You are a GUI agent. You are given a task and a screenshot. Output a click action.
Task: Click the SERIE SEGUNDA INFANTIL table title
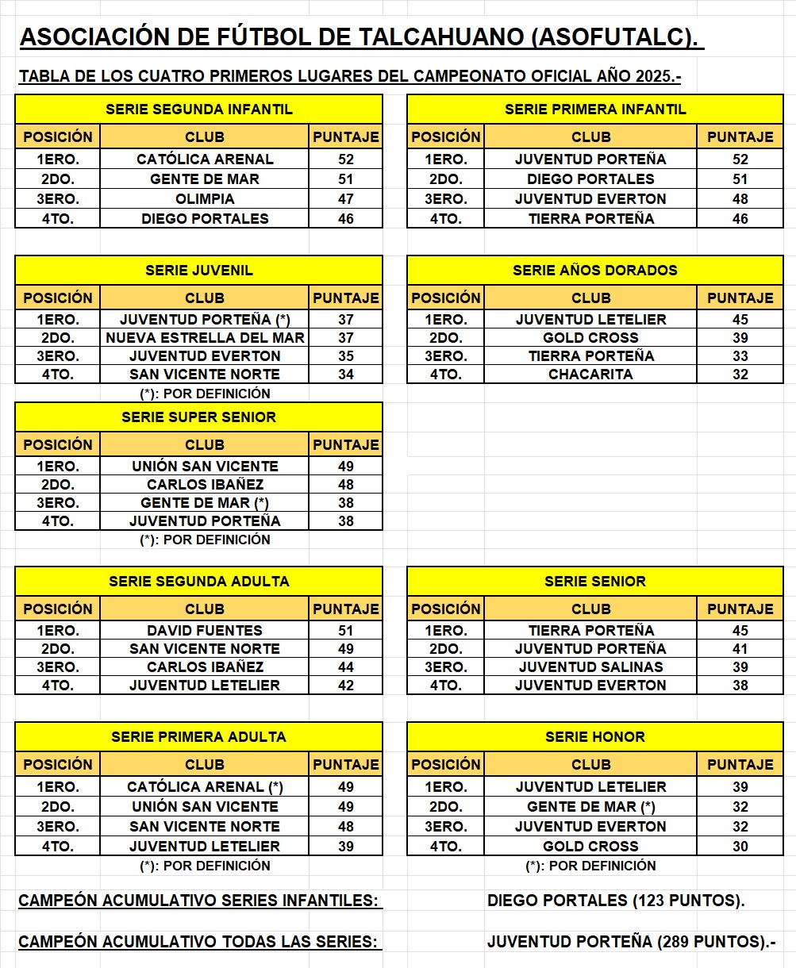click(199, 109)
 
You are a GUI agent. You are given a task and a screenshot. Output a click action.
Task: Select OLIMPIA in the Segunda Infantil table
click(205, 199)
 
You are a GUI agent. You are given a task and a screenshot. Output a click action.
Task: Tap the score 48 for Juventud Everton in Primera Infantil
click(740, 199)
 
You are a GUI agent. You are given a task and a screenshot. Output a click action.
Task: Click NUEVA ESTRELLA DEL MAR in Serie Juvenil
click(205, 338)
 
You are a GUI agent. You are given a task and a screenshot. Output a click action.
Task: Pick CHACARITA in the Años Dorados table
click(590, 375)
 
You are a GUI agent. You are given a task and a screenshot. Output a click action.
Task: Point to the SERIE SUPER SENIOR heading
click(199, 417)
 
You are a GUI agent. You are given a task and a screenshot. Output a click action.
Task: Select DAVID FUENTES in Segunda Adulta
click(205, 631)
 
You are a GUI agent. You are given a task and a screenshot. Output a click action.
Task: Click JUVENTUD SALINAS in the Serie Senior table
click(590, 667)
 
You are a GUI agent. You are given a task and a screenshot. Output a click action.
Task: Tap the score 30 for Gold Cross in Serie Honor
click(740, 847)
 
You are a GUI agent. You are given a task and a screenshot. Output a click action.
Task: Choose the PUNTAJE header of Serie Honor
click(740, 765)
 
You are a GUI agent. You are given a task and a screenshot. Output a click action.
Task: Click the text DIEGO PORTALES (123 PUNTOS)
click(616, 901)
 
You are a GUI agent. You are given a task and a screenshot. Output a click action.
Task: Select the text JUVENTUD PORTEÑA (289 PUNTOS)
click(631, 942)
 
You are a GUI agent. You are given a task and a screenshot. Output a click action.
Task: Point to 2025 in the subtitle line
click(654, 77)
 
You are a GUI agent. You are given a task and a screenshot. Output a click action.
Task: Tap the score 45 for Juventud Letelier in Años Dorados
click(740, 320)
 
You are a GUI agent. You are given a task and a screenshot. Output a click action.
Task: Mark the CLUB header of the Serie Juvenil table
click(205, 298)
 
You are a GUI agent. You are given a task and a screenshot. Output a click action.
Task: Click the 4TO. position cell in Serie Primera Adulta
click(58, 847)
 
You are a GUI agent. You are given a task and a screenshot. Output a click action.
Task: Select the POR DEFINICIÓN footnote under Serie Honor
click(590, 866)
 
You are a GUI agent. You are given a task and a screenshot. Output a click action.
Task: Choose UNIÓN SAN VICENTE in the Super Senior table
click(205, 467)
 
